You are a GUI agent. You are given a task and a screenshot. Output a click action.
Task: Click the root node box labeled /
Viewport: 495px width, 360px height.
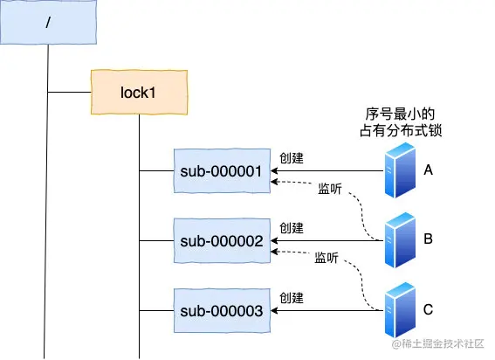(48, 22)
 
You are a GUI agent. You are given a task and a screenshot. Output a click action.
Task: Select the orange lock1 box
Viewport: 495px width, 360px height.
(139, 92)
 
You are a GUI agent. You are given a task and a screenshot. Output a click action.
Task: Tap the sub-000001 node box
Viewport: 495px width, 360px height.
(222, 170)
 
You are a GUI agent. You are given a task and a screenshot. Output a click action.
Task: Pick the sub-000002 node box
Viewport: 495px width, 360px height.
(222, 240)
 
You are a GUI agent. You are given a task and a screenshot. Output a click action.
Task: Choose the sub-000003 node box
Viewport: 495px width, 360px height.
(222, 310)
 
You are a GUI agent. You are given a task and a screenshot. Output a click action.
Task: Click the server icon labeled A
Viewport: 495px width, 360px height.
(400, 170)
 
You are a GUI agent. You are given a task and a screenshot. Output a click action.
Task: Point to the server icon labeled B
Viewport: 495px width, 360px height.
(400, 240)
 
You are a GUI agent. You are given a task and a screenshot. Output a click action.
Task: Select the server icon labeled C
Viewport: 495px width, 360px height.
(400, 310)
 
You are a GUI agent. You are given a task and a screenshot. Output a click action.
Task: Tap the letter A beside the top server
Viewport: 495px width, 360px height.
(428, 170)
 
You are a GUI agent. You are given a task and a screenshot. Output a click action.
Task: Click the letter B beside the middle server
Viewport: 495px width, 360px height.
(428, 239)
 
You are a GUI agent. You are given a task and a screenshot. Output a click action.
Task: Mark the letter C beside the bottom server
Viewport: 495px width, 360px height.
(428, 309)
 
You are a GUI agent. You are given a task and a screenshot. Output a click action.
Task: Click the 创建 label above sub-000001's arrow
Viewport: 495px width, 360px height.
(292, 158)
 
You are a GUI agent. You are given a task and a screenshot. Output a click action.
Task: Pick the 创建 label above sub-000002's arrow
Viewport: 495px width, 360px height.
(292, 228)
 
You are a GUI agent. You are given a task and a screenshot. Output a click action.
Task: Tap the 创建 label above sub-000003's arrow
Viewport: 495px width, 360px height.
(292, 298)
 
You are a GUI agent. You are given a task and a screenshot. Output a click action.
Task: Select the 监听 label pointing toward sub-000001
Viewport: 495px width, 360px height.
(330, 189)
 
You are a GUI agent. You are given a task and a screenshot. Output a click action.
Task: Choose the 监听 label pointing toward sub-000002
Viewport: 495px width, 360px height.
(327, 258)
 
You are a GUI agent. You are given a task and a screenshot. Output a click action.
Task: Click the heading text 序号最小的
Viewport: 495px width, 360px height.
(400, 114)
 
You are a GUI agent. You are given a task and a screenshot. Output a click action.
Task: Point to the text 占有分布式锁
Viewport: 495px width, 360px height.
(401, 130)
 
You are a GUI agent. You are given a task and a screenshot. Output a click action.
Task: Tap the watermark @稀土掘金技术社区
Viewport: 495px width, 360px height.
(438, 343)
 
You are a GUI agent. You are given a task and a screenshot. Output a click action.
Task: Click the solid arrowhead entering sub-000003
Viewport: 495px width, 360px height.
(274, 310)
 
